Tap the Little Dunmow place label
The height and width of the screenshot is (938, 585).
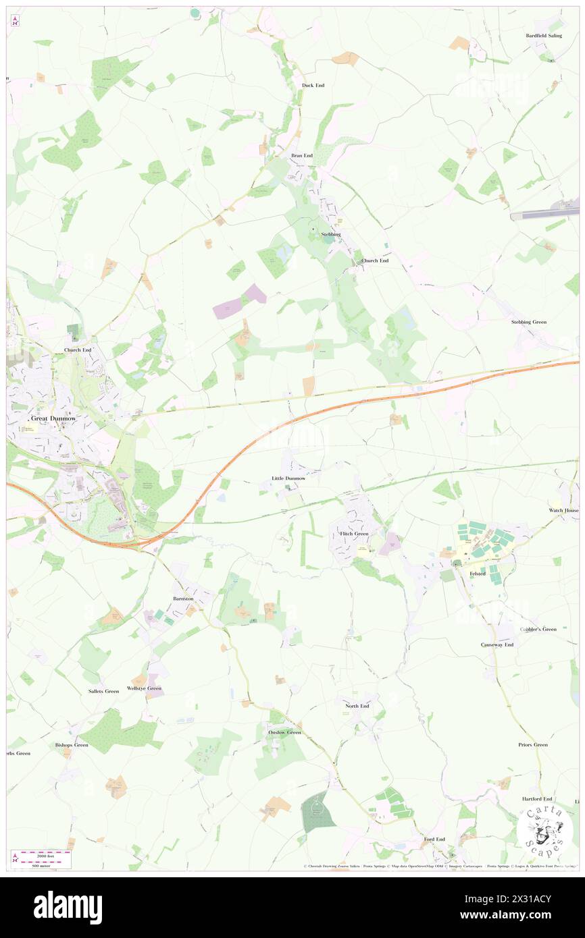point(288,478)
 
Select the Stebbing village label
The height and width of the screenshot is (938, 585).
point(330,234)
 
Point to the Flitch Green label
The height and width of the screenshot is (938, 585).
point(353,534)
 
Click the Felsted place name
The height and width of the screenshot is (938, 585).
point(478,574)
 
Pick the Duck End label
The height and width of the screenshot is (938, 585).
point(313,86)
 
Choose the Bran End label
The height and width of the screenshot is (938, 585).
point(302,156)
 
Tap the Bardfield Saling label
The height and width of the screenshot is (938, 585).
point(544,36)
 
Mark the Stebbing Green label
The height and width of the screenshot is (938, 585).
point(529,323)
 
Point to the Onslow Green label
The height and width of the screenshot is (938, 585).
point(284,732)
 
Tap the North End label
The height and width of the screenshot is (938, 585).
point(357,706)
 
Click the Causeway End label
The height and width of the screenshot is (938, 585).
point(497,645)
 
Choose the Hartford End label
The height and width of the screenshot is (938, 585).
point(537,799)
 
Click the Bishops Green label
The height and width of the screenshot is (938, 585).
point(72,745)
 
